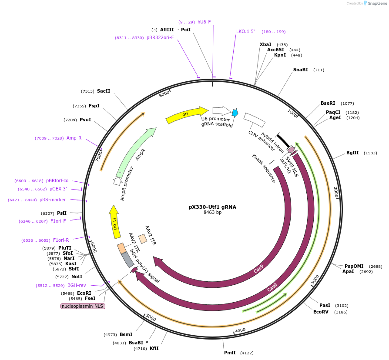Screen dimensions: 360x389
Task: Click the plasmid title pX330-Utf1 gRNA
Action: [212, 207]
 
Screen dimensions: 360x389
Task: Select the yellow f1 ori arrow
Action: [115, 222]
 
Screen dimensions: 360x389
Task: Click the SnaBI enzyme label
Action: [300, 70]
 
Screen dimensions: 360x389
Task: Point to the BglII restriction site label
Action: [352, 153]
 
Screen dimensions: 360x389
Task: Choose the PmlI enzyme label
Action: [230, 353]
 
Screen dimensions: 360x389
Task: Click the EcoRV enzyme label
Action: [321, 312]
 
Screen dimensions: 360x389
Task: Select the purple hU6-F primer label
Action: [204, 22]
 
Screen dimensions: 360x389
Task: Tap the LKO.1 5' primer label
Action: [245, 31]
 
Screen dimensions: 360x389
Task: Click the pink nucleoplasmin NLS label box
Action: [83, 306]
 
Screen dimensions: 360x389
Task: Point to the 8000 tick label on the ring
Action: [164, 94]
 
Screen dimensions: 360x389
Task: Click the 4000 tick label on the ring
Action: [240, 330]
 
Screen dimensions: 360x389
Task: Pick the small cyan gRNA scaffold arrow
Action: [235, 113]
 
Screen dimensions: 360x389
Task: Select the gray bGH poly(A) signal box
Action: [127, 260]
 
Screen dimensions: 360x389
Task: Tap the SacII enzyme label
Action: [104, 91]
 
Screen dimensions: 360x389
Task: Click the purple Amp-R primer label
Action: [74, 138]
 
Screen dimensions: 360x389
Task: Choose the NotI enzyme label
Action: [77, 277]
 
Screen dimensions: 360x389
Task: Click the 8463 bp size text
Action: [212, 213]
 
